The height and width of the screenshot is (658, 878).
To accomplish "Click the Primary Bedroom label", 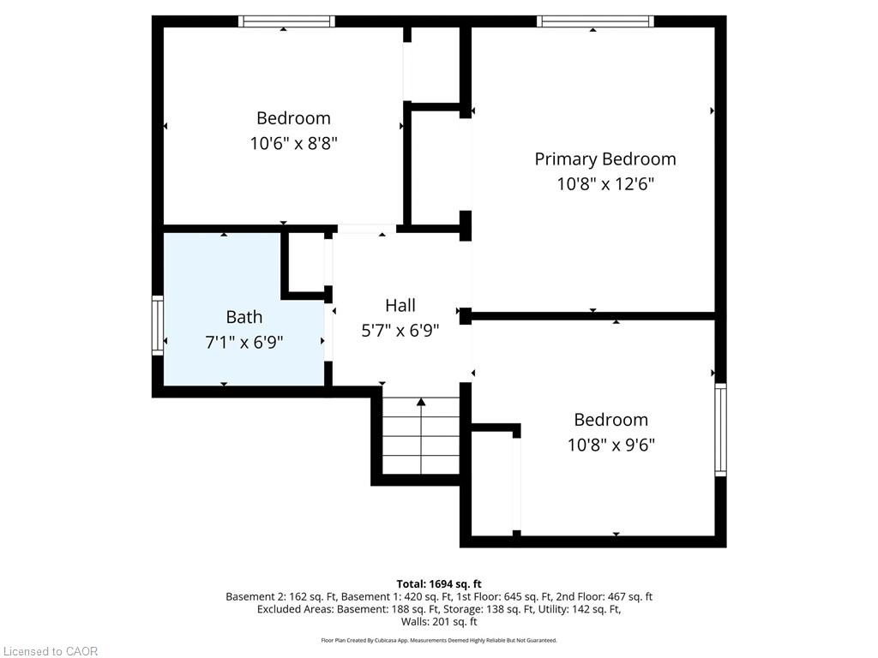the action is (605, 159).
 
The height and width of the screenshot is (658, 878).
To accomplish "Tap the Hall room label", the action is (400, 305).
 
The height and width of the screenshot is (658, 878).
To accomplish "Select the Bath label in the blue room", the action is (244, 317).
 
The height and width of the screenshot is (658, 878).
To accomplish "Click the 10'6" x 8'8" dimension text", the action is (293, 143).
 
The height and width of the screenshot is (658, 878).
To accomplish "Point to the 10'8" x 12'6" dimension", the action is (605, 183).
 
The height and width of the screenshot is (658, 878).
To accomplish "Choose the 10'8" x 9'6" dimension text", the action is (610, 445).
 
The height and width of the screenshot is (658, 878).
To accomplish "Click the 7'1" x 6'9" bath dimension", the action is (244, 342).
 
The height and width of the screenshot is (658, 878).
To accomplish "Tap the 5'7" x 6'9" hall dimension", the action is (400, 331).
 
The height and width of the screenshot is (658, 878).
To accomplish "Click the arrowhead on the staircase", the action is (421, 402).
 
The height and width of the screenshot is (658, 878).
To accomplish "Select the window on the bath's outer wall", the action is (158, 325).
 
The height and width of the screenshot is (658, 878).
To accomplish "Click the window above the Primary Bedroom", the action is (595, 21).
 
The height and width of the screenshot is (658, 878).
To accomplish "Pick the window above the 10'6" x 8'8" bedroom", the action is (286, 21).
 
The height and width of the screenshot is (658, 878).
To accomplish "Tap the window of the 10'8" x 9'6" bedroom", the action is (720, 430).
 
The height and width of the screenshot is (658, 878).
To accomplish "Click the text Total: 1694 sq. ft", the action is (439, 584).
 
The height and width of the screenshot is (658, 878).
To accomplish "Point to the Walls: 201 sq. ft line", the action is (439, 622).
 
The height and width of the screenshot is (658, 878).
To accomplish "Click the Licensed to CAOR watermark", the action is (51, 651).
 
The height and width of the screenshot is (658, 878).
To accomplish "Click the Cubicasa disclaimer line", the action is (439, 640).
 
